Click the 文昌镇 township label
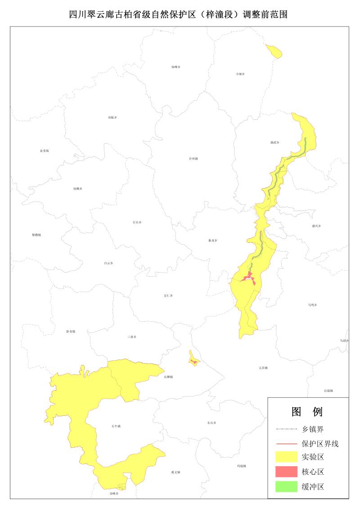click(x=263, y=368)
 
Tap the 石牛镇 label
click(x=116, y=426)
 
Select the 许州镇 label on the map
click(x=193, y=158)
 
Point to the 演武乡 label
click(x=275, y=142)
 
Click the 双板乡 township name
click(x=112, y=117)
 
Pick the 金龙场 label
click(x=44, y=151)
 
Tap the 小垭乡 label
click(x=240, y=74)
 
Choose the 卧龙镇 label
click(x=71, y=331)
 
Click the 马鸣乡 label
click(x=312, y=305)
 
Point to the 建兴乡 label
click(x=316, y=225)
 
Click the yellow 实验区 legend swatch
click(x=287, y=458)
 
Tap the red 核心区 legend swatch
click(x=287, y=472)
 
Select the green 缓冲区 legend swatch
click(x=287, y=486)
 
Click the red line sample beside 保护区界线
click(x=287, y=444)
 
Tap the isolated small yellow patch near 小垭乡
click(x=274, y=51)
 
